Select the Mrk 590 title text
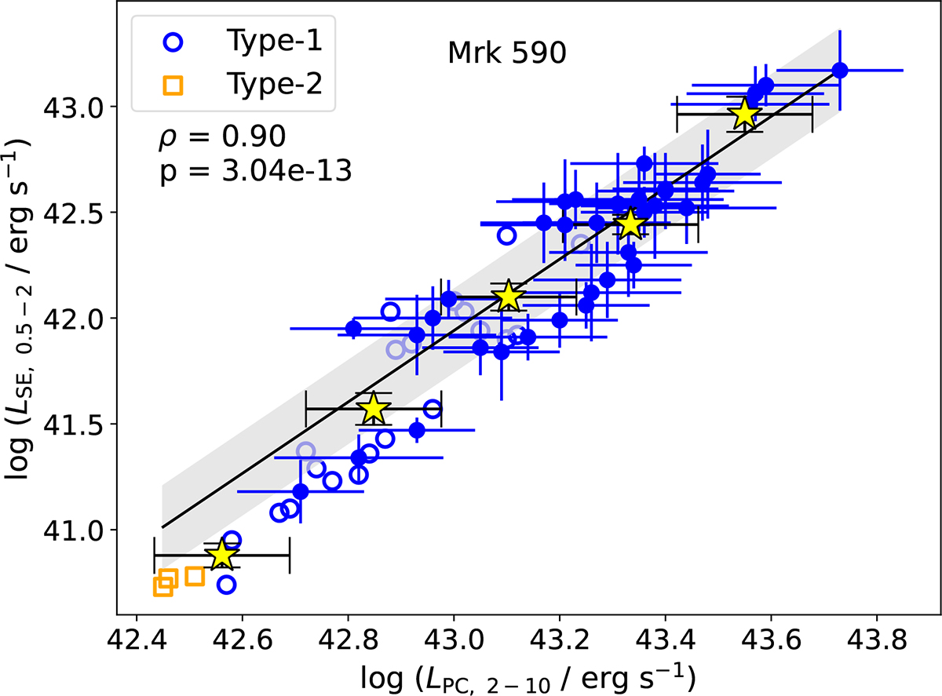coord(507,54)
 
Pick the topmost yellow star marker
coord(744,115)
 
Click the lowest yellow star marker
coord(221,555)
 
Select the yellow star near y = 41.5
coord(373,409)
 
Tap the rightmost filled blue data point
coord(840,71)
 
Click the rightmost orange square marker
coord(195,577)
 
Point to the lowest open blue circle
coord(226,584)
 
